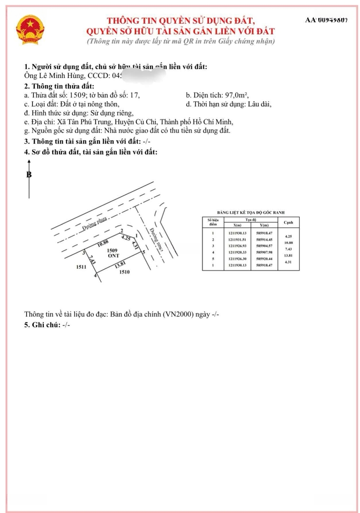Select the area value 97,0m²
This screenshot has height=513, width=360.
coord(236,95)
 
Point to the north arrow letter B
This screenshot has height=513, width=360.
coord(29,175)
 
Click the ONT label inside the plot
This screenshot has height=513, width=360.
coord(112,256)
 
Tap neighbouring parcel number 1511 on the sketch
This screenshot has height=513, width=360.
coord(80,267)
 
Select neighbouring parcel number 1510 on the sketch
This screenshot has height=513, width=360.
coord(124,272)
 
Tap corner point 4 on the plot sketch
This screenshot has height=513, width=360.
coord(95,275)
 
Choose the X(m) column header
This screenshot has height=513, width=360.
coord(235,225)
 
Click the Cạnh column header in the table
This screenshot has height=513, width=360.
coord(288,222)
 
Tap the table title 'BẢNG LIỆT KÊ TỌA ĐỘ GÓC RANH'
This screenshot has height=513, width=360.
coord(250,212)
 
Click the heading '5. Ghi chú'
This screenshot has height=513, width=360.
coord(42,325)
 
